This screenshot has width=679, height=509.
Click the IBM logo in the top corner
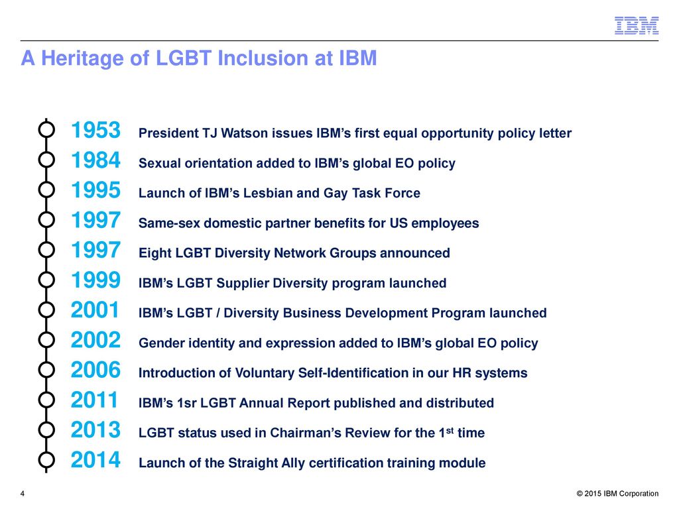click(637, 26)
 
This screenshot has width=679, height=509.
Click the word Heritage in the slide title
click(95, 58)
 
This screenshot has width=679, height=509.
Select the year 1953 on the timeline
click(95, 130)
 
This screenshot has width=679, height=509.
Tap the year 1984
click(95, 160)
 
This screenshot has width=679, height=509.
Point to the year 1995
click(95, 190)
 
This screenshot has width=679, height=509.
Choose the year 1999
click(95, 280)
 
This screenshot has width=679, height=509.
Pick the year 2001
click(95, 310)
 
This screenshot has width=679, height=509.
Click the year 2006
click(95, 370)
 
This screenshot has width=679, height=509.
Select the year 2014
click(95, 460)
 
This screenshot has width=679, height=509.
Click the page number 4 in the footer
click(23, 494)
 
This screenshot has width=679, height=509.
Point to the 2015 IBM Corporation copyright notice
click(617, 494)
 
